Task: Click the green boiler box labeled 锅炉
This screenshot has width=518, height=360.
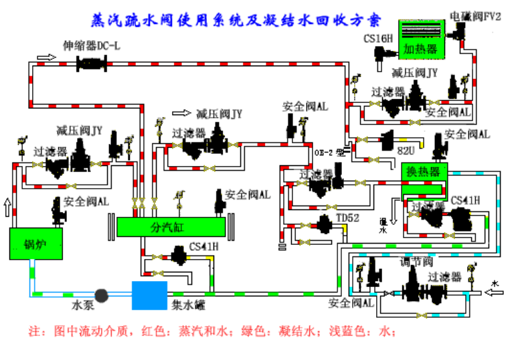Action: click(35, 244)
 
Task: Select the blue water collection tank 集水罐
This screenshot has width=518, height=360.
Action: click(149, 295)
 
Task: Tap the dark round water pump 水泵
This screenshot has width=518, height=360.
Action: click(102, 295)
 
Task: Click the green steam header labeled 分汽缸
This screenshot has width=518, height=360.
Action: click(171, 227)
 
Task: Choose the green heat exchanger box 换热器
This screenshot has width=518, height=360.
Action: click(424, 173)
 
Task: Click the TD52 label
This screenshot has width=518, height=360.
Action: click(348, 217)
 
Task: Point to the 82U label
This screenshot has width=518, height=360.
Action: click(407, 151)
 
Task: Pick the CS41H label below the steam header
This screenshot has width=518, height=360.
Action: click(203, 246)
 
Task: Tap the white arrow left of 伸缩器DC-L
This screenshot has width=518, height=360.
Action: click(47, 58)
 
